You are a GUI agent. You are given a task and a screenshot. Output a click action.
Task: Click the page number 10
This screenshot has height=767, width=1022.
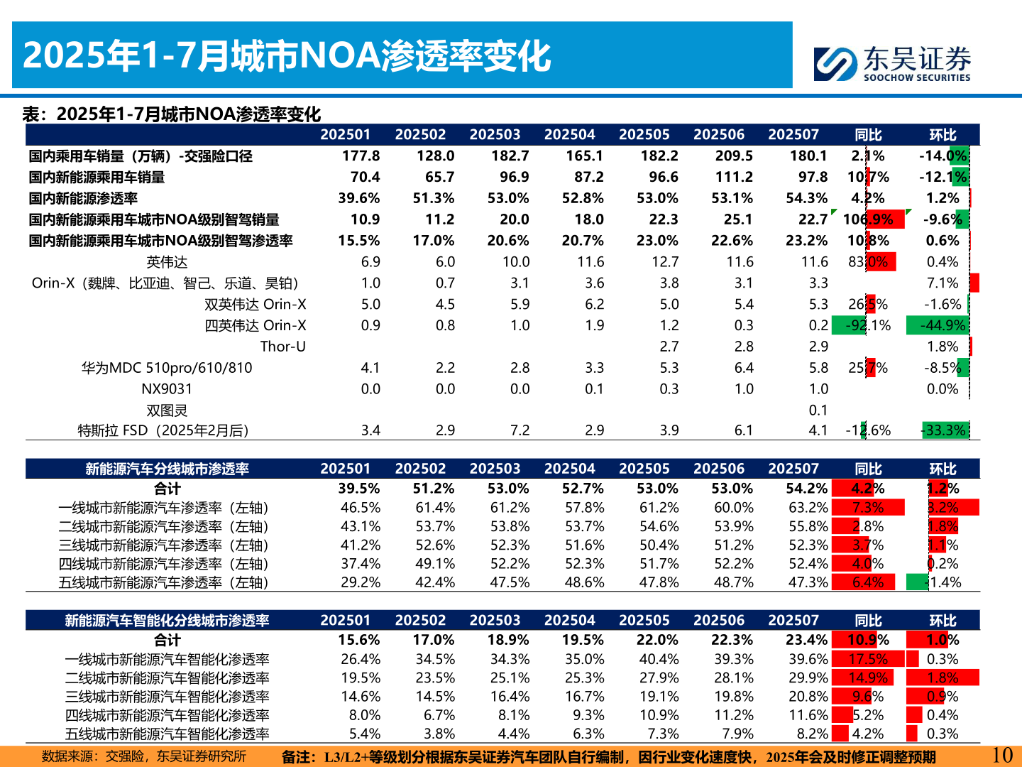[x=1001, y=755]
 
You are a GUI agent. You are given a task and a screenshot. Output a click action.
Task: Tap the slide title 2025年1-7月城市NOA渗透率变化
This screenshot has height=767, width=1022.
[x=287, y=57]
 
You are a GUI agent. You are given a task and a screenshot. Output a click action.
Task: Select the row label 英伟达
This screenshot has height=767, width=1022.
[x=167, y=262]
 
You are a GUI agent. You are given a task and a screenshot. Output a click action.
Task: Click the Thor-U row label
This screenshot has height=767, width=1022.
[x=282, y=347]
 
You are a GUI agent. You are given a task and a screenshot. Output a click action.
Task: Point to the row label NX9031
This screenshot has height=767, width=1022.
[x=167, y=389]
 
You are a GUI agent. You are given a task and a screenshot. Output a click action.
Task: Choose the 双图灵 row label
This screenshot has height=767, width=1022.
[x=167, y=410]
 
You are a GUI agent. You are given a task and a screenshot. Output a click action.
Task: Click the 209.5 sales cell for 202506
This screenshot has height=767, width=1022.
[x=734, y=156]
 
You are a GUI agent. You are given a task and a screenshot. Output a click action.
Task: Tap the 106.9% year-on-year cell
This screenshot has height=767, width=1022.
[x=868, y=219]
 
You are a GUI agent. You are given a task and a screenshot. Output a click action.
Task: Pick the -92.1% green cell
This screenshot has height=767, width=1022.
[x=868, y=326]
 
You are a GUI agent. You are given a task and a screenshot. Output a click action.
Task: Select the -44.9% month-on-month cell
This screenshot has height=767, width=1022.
[x=943, y=326]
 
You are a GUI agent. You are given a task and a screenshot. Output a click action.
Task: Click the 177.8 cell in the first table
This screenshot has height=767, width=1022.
[x=361, y=156]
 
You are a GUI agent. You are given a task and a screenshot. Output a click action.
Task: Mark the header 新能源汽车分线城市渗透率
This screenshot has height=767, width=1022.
[x=167, y=469]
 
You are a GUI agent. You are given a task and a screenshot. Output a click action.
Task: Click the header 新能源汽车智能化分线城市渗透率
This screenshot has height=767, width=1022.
[x=167, y=621]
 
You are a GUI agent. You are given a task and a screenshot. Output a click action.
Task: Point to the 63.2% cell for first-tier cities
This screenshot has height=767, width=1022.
[x=808, y=508]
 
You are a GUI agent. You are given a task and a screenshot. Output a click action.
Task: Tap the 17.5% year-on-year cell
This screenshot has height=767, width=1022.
[x=867, y=660]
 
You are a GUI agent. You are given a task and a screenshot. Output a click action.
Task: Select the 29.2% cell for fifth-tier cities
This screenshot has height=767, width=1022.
[x=361, y=583]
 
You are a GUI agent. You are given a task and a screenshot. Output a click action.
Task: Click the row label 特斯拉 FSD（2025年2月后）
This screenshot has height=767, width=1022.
[x=163, y=431]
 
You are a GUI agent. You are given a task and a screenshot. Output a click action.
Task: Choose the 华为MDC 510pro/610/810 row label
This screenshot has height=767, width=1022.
[x=167, y=368]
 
